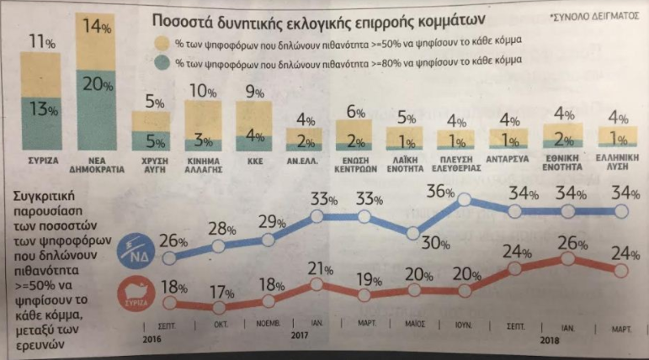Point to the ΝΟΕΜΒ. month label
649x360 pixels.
point(269,323)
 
